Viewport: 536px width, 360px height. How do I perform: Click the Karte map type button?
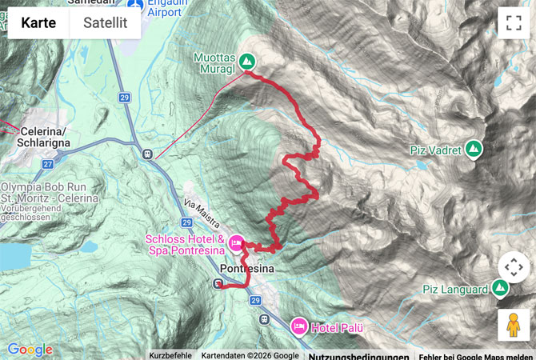(38, 22)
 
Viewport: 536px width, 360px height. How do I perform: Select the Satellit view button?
(105, 22)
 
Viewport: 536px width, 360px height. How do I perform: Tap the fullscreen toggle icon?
(513, 22)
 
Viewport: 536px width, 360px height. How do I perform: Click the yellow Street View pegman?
(513, 325)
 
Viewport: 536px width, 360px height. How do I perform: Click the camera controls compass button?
(513, 266)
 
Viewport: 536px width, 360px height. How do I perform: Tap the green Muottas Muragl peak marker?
(248, 60)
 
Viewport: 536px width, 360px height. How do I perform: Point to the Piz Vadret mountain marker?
(474, 149)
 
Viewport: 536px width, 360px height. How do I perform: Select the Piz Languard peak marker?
(501, 286)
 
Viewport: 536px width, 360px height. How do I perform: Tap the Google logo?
(30, 350)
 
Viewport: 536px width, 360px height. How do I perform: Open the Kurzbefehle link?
(170, 355)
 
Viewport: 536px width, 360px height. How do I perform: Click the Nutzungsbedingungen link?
(358, 355)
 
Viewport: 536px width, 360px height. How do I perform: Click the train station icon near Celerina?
(146, 154)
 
